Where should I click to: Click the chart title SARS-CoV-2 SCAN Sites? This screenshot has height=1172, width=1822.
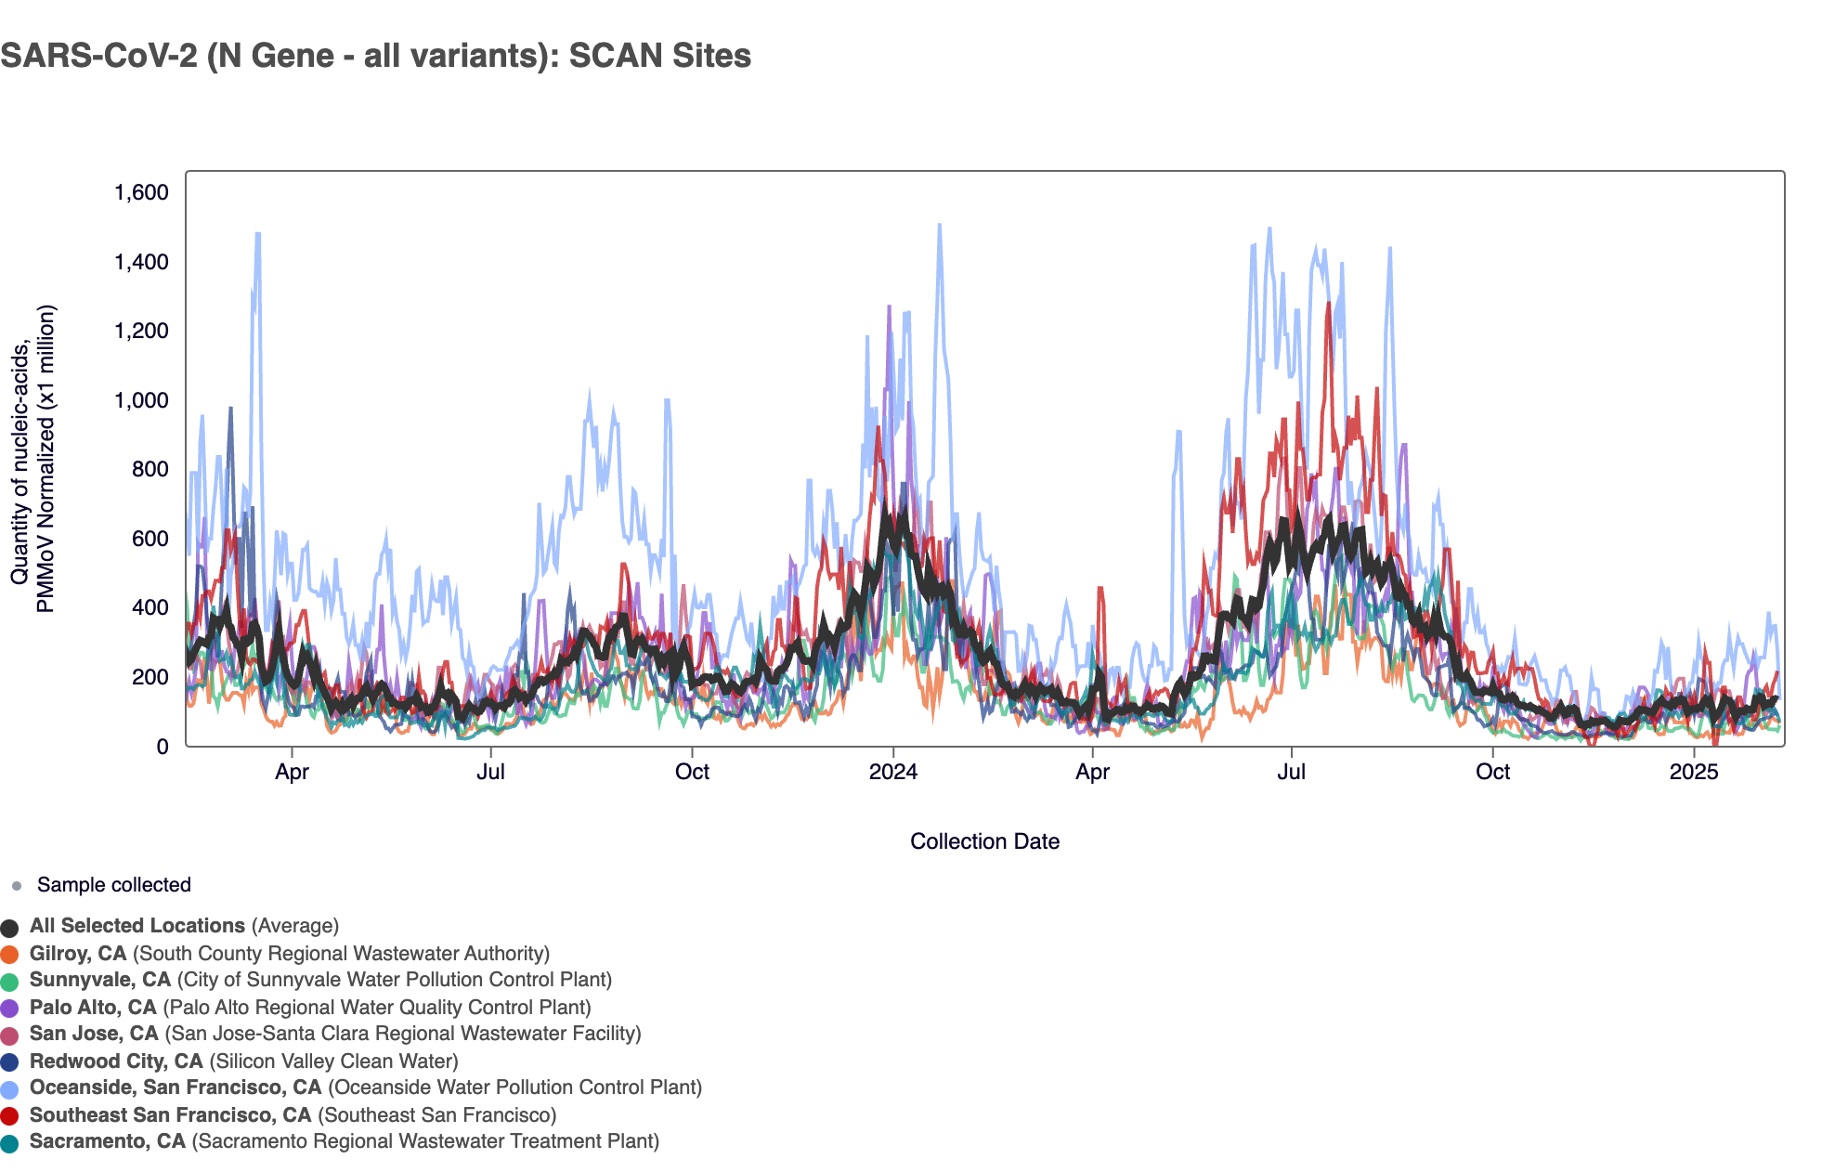(x=375, y=56)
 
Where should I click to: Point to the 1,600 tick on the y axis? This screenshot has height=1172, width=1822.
(x=141, y=192)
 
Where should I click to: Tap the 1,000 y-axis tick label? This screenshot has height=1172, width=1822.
(x=141, y=400)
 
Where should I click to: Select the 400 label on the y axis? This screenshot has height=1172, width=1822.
(x=150, y=607)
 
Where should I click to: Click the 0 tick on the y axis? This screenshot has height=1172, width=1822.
(x=163, y=746)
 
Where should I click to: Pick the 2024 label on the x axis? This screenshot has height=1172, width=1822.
(x=892, y=772)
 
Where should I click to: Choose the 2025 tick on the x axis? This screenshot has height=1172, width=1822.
(x=1694, y=772)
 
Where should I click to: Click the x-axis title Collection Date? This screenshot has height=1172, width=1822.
(x=984, y=841)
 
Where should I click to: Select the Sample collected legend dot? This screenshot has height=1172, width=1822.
(x=17, y=886)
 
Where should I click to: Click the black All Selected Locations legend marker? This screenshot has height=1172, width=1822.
(x=10, y=927)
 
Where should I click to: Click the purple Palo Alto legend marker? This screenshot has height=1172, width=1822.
(x=10, y=1008)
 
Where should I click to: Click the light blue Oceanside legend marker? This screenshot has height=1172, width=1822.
(x=10, y=1088)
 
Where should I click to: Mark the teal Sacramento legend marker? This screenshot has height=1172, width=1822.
(x=10, y=1142)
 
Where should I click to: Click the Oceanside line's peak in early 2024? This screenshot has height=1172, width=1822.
(x=939, y=225)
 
